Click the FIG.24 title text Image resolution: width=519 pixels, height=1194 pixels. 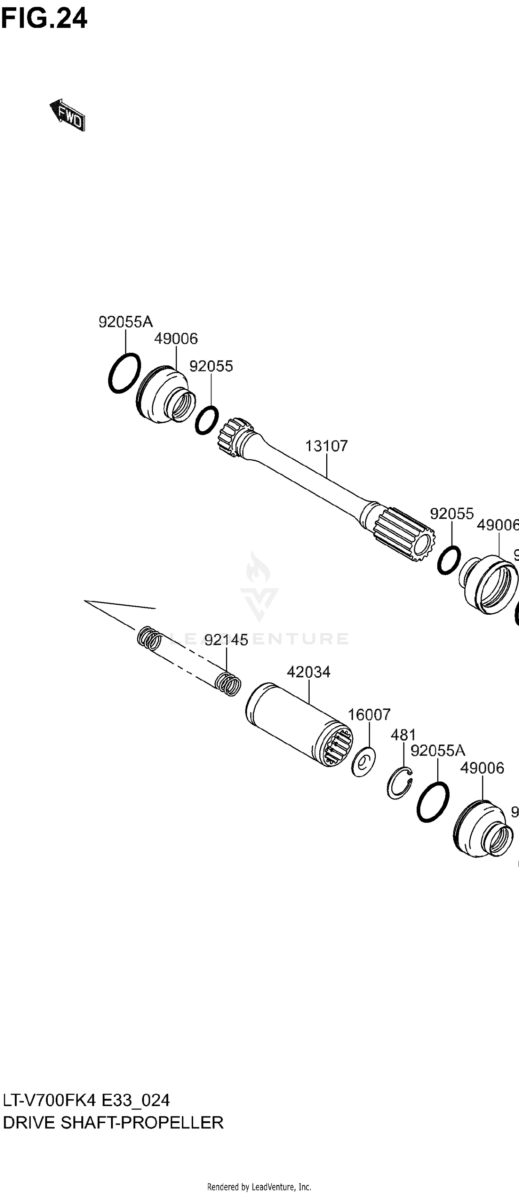44,19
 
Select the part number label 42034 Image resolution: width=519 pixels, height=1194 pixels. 309,672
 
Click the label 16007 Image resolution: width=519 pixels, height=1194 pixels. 369,714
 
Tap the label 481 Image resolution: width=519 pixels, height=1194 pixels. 403,735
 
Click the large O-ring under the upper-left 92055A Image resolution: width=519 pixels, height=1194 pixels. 124,373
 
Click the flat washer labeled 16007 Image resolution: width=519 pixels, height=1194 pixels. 363,761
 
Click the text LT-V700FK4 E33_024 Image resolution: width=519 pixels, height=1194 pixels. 86,1101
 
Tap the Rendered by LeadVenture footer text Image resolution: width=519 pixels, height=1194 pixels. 259,1187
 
